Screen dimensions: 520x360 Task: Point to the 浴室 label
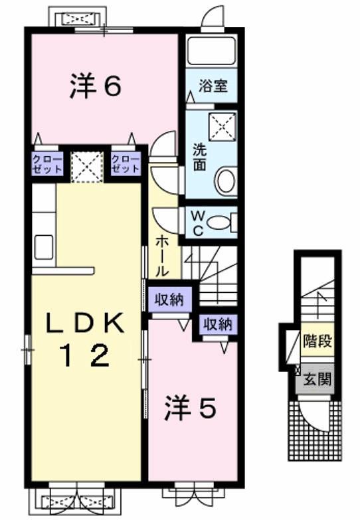212,86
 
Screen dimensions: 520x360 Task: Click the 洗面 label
199,157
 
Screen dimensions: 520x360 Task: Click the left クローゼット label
48,163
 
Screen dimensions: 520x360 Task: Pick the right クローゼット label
126,163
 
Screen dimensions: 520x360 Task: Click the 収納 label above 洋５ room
217,325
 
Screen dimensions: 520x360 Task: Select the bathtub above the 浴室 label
211,50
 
